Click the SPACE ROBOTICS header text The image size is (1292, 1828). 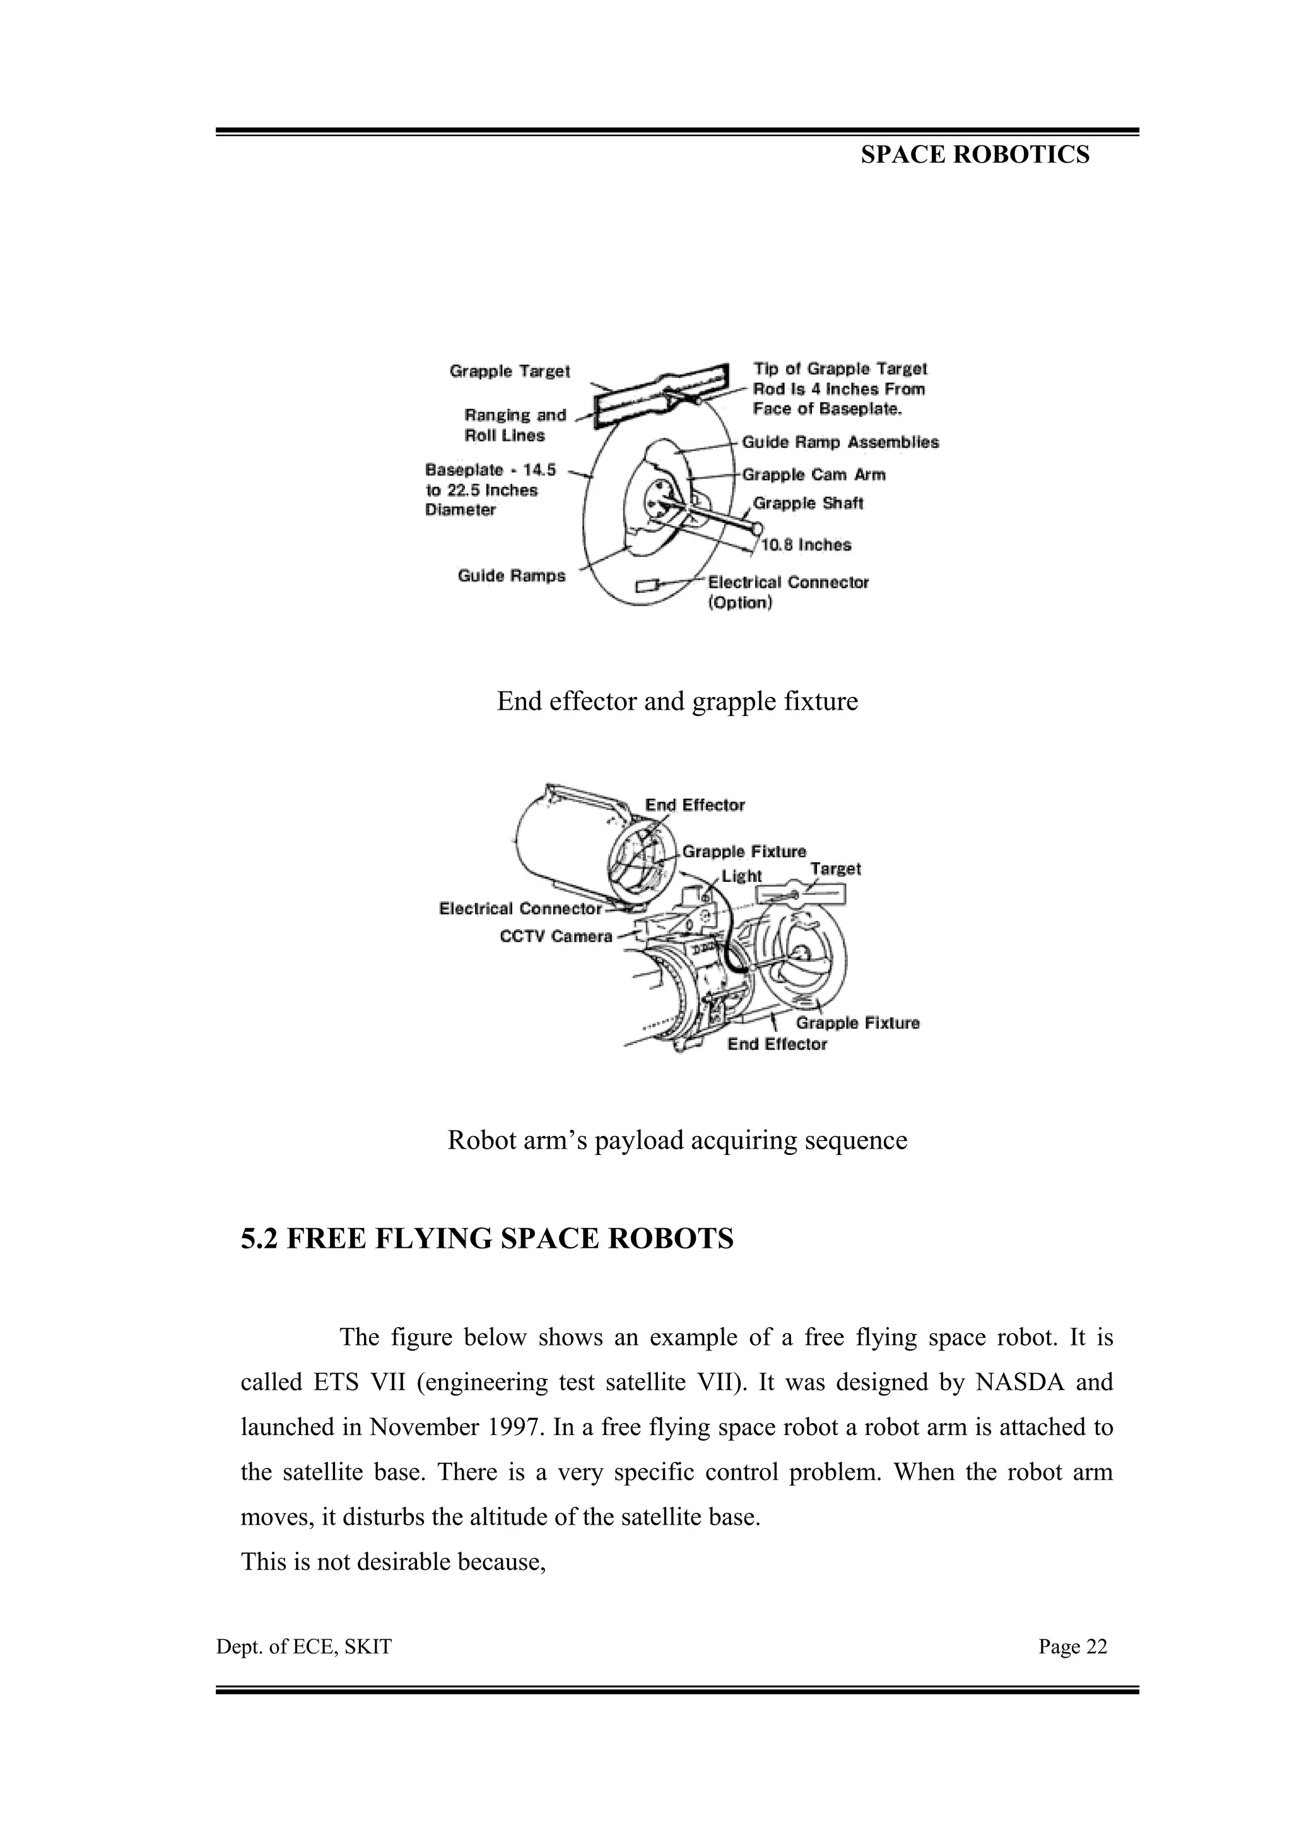tap(975, 155)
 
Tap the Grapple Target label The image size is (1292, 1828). tap(510, 371)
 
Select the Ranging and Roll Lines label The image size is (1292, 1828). tap(514, 425)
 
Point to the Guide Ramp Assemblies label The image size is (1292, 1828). tap(840, 442)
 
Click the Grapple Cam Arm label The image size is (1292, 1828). tap(814, 474)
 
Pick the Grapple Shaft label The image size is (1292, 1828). tap(808, 503)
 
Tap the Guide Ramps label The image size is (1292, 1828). tap(511, 576)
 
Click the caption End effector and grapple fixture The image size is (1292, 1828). tap(677, 701)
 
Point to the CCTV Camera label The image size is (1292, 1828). tap(556, 936)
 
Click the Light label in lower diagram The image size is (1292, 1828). tap(742, 876)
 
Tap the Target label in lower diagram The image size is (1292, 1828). tap(835, 869)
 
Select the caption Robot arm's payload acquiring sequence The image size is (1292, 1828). tap(677, 1140)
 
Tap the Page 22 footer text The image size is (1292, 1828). tap(1072, 1646)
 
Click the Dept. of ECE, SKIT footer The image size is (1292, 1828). tap(304, 1646)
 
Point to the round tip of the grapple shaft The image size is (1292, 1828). tap(756, 527)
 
